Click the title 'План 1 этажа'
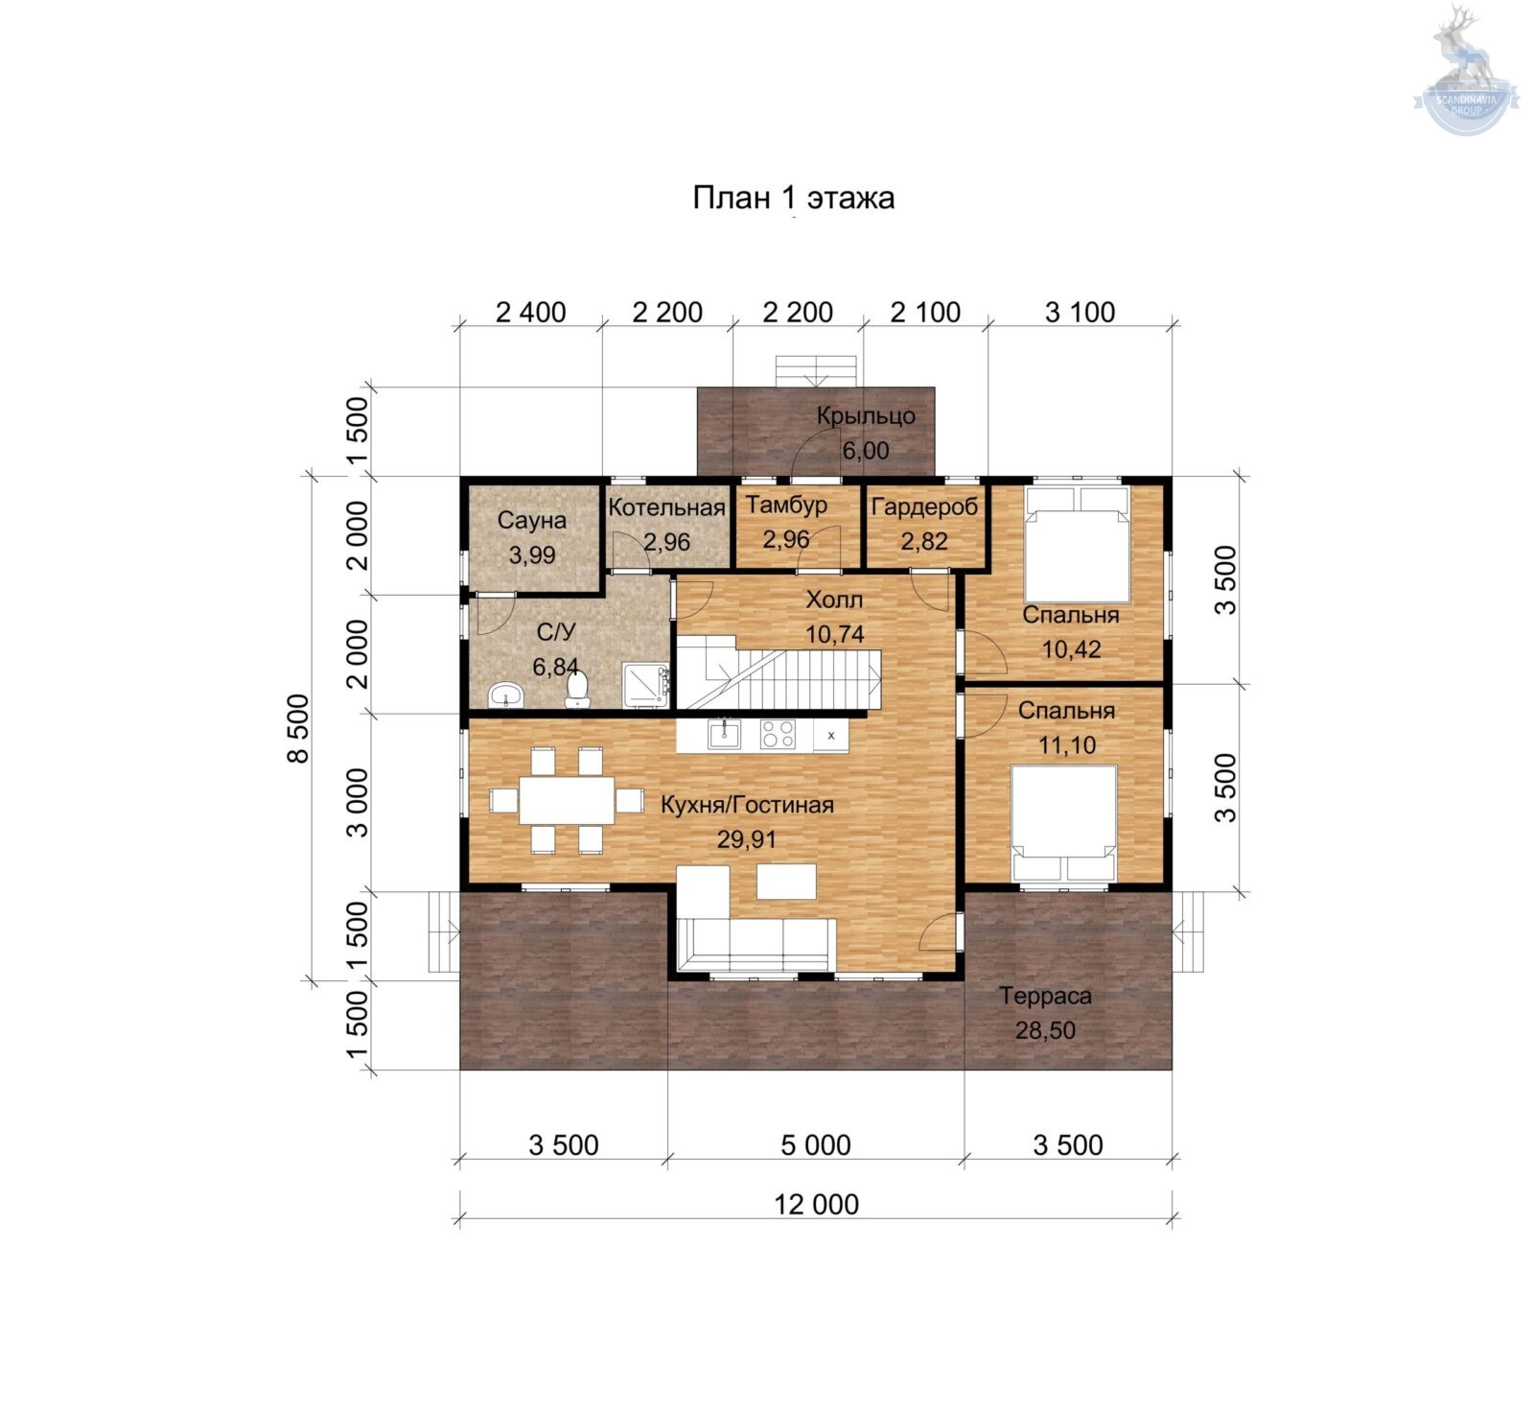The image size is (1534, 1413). pos(794,198)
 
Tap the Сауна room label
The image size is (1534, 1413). pos(532,521)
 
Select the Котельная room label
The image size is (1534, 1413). pos(666,507)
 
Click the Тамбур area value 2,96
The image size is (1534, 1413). pos(786,539)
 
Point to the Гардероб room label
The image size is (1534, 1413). pos(924,506)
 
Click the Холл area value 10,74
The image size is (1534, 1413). pos(835,634)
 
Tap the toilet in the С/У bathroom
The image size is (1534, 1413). pos(577,689)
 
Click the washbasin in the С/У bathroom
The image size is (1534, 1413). pos(506,695)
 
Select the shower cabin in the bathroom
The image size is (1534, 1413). pos(647,685)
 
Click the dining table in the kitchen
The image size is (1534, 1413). pos(567,800)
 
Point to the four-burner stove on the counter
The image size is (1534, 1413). pos(778,734)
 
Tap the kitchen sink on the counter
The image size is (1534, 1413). pos(724,734)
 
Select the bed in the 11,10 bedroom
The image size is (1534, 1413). pos(1065,822)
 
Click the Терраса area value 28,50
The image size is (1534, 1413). pos(1045,1030)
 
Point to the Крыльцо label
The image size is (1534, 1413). pos(866,416)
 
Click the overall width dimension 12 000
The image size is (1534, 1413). pos(817,1204)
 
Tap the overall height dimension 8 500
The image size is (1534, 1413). pos(298,728)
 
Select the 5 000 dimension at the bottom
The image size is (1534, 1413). pos(816,1144)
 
